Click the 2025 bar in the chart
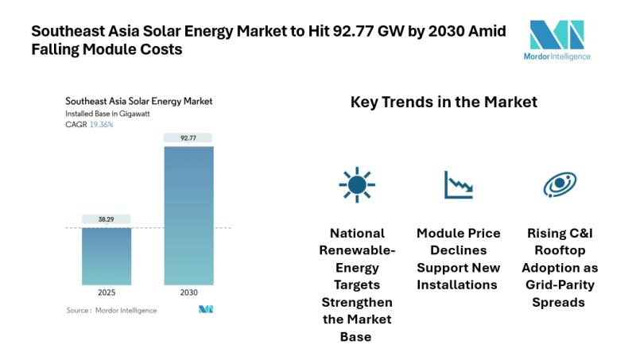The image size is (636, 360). [107, 255]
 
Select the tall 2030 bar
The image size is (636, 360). [188, 215]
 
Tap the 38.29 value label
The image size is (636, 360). [107, 219]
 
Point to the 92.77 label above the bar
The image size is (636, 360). [188, 137]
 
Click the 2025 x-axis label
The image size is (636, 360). [107, 292]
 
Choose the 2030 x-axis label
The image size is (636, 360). [188, 292]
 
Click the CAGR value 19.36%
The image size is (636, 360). [102, 125]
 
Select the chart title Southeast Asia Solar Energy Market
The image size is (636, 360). [138, 102]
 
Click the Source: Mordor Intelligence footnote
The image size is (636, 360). [111, 309]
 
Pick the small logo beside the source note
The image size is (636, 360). [206, 309]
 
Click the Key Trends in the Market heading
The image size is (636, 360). [444, 103]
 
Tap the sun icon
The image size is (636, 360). [357, 184]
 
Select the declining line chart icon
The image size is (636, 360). [458, 184]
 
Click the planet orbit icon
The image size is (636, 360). [560, 184]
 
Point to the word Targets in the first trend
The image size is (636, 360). [357, 285]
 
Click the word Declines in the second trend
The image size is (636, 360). [459, 250]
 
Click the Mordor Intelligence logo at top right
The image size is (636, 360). [560, 40]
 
